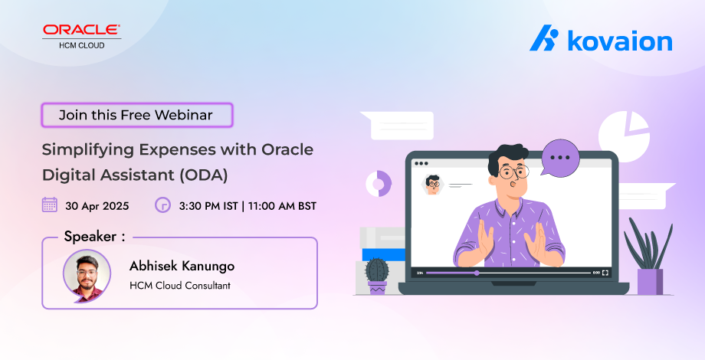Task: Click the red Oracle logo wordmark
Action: [x=81, y=30]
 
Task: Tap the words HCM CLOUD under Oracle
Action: [x=82, y=45]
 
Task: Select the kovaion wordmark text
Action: [x=620, y=41]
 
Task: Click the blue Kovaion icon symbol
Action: [x=544, y=38]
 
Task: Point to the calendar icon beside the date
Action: [x=50, y=205]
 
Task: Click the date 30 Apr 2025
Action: [x=97, y=206]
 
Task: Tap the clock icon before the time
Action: [x=162, y=205]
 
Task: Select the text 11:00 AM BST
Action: [x=282, y=206]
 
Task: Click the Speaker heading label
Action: [x=94, y=237]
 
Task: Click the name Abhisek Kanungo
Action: [x=182, y=266]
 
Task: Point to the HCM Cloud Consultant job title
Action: [x=180, y=286]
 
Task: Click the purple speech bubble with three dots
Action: [x=559, y=158]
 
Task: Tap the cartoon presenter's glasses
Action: [x=513, y=172]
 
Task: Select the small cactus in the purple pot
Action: [x=377, y=276]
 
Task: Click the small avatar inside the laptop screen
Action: [x=432, y=185]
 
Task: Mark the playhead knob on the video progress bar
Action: [x=477, y=273]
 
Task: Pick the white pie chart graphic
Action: [x=624, y=136]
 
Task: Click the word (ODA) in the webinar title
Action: [x=204, y=175]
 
